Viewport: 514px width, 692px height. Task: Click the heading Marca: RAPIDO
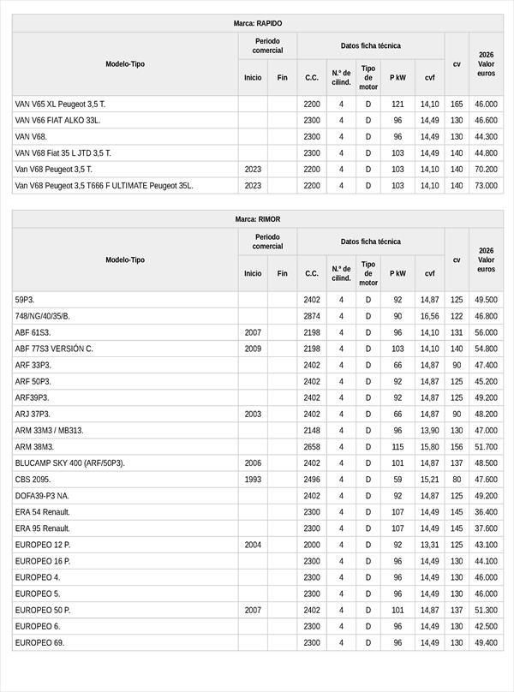257,23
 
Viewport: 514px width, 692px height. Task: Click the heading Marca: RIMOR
257,219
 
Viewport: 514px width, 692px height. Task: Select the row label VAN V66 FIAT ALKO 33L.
57,120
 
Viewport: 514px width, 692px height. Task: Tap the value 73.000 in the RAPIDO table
486,185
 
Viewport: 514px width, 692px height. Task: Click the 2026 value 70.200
486,169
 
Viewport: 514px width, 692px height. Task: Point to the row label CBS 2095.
33,480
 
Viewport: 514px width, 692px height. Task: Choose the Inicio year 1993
253,480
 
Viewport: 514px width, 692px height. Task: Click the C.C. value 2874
312,316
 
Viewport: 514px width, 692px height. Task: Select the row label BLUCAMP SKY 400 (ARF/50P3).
70,463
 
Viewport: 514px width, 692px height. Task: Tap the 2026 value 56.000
486,332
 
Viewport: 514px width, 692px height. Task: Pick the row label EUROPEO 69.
39,642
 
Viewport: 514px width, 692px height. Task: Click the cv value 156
457,447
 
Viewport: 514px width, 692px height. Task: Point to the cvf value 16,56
429,316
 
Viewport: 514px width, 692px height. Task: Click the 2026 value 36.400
486,512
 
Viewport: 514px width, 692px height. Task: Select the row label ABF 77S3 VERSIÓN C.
54,349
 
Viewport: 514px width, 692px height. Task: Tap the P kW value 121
397,104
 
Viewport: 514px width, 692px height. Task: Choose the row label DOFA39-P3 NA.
43,496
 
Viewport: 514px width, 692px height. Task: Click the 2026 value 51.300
486,610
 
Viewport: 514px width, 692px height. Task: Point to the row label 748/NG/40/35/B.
43,316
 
